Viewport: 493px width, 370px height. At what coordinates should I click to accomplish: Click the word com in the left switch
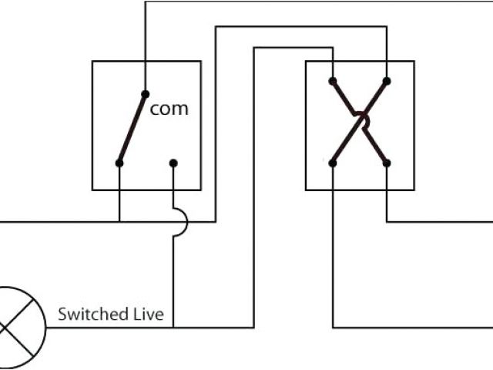169,109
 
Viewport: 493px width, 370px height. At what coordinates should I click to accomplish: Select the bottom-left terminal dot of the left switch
119,163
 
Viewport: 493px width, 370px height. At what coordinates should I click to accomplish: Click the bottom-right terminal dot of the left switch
173,163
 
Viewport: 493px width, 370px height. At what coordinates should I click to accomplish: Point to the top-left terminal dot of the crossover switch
333,80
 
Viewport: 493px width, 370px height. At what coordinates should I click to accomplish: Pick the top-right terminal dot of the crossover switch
387,80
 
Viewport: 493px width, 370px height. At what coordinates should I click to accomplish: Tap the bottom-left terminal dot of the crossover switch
333,163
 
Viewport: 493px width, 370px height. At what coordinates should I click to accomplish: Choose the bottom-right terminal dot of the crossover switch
387,163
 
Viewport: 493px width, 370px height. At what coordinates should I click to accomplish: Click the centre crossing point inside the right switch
360,122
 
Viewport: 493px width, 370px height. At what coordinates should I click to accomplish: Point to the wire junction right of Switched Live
173,328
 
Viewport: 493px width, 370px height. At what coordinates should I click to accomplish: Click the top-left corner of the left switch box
92,61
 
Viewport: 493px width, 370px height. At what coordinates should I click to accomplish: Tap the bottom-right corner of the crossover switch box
415,190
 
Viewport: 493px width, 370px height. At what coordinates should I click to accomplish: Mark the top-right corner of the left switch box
201,61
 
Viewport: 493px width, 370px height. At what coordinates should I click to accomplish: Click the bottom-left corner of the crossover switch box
306,190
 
